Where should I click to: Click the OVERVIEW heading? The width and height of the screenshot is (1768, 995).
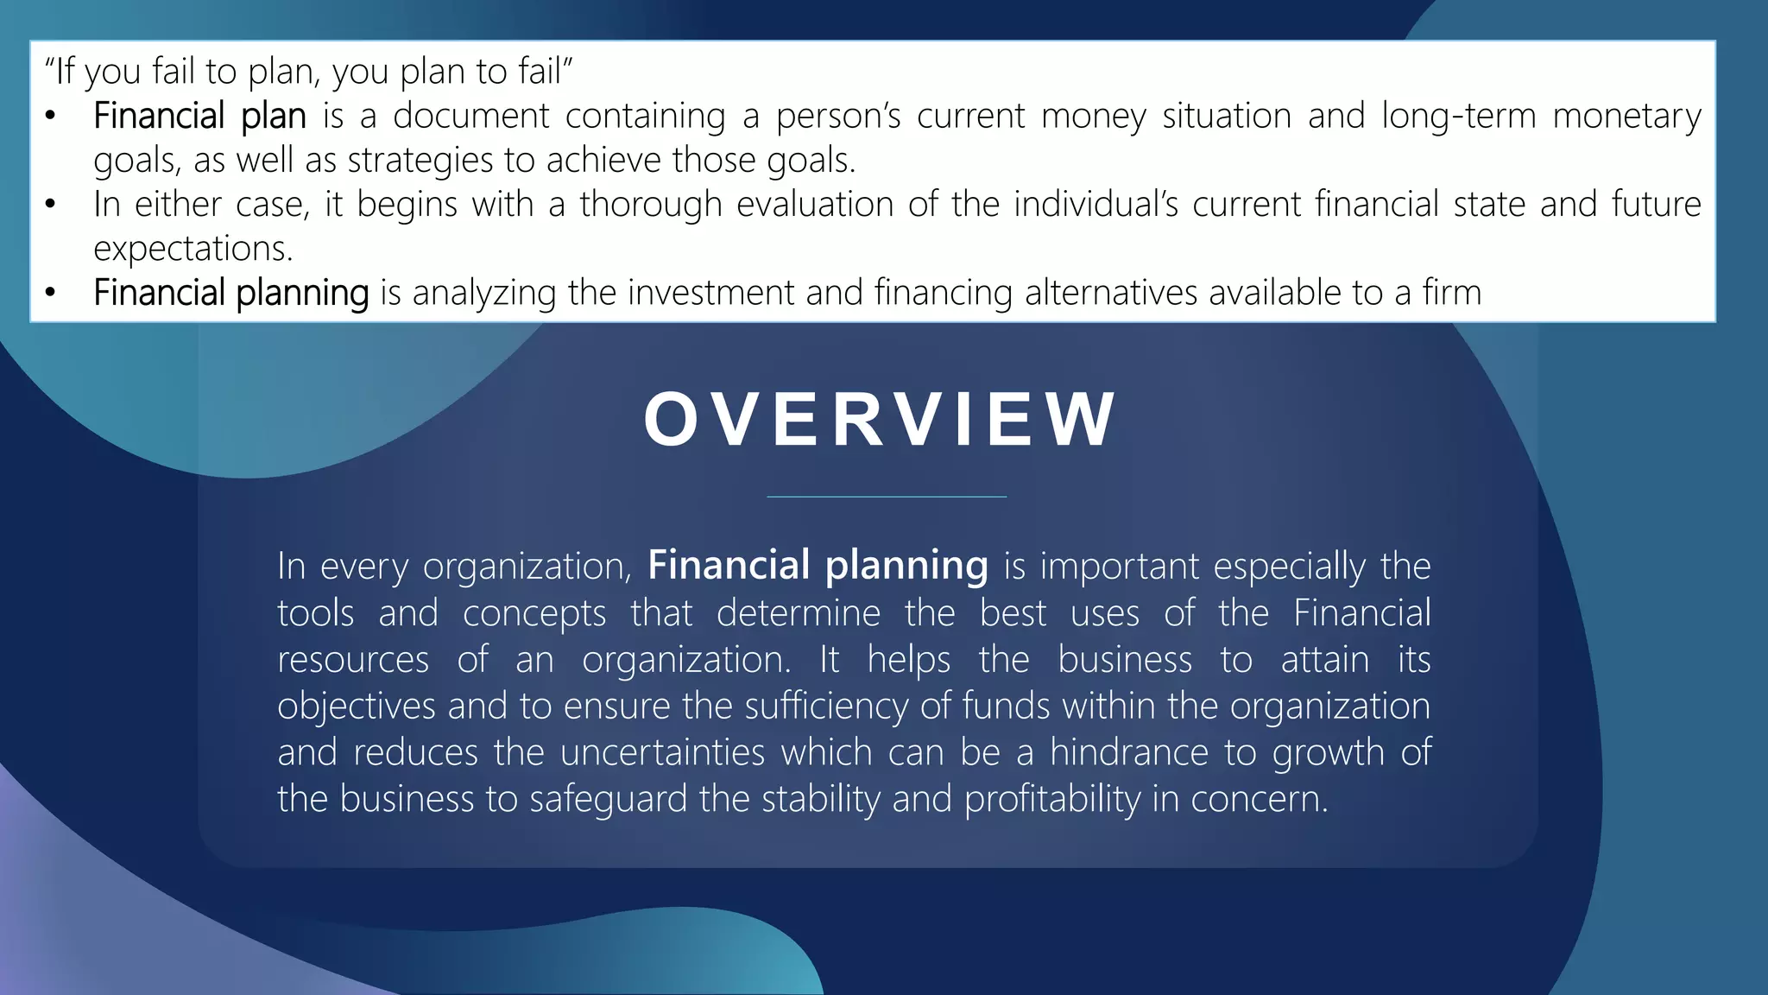(880, 420)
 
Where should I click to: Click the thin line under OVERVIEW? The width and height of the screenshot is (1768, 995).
(887, 497)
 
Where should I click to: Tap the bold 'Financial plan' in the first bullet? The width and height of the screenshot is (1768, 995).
(199, 116)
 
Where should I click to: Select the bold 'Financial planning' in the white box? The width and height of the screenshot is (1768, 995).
(230, 293)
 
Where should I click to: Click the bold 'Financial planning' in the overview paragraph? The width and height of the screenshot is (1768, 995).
(818, 566)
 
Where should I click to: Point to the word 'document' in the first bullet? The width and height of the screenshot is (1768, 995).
(470, 116)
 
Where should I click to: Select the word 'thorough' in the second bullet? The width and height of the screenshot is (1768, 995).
(650, 205)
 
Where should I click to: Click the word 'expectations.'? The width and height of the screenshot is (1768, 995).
(193, 249)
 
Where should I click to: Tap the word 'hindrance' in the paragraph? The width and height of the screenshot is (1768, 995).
(1128, 752)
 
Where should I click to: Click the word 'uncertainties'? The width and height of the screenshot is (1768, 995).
(662, 752)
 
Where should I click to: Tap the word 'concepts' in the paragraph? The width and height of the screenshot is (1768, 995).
(534, 613)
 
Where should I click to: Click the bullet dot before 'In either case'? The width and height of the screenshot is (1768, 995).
(51, 206)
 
